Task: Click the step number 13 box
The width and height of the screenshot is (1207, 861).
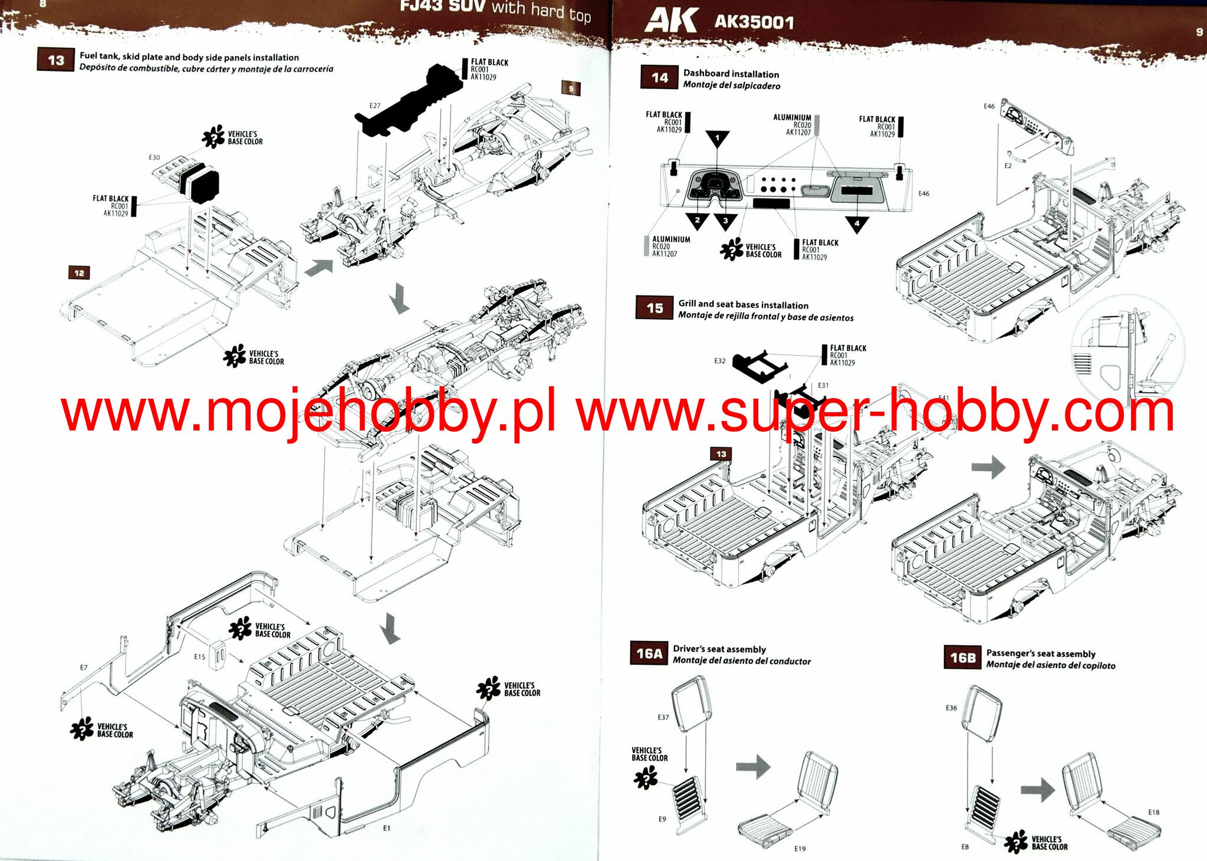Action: pyautogui.click(x=55, y=60)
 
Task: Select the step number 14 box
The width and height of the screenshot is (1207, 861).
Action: pyautogui.click(x=659, y=78)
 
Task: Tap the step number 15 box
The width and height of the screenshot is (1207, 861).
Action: pyautogui.click(x=655, y=308)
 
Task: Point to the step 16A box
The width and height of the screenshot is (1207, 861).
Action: pyautogui.click(x=649, y=653)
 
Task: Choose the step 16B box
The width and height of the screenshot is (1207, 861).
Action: pyautogui.click(x=962, y=657)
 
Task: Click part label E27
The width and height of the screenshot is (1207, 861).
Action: pyautogui.click(x=374, y=106)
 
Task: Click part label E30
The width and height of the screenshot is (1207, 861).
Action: pyautogui.click(x=154, y=157)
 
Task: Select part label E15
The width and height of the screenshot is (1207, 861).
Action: pyautogui.click(x=199, y=656)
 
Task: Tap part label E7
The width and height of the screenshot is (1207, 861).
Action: pyautogui.click(x=84, y=667)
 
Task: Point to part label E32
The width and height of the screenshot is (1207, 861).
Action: pyautogui.click(x=719, y=360)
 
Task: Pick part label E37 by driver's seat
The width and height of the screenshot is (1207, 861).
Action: pyautogui.click(x=663, y=717)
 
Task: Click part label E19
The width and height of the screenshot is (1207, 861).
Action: pyautogui.click(x=799, y=849)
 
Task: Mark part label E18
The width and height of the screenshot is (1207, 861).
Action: pyautogui.click(x=1153, y=812)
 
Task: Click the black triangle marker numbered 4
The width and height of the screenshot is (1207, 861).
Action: pyautogui.click(x=857, y=224)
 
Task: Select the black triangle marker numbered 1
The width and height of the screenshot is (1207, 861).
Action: pyautogui.click(x=717, y=139)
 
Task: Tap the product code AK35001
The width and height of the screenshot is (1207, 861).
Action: pyautogui.click(x=754, y=22)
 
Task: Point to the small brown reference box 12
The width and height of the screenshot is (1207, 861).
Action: pyautogui.click(x=79, y=272)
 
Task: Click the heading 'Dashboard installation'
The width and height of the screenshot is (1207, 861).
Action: pyautogui.click(x=731, y=74)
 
